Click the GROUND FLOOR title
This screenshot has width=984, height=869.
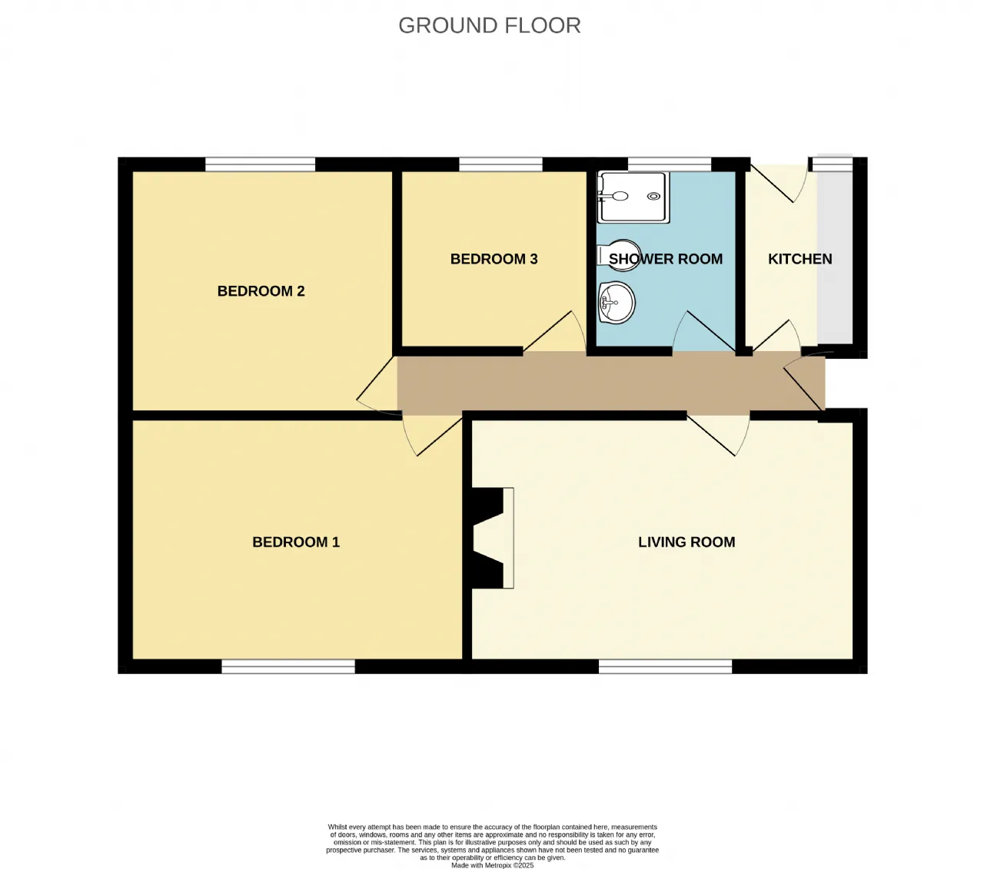pos(490,25)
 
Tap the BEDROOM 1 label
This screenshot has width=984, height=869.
pos(296,542)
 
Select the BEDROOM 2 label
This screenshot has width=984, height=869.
pos(261,290)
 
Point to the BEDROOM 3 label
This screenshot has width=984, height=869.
pos(494,259)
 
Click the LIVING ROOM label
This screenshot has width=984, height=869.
pos(686,542)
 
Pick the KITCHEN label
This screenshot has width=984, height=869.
pos(800,259)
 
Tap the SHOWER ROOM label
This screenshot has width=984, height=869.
pos(666,259)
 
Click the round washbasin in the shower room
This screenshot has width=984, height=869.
pos(617,303)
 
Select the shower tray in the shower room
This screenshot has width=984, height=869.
pos(633,197)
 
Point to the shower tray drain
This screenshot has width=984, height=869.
pos(653,196)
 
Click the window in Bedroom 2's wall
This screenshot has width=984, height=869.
pos(261,164)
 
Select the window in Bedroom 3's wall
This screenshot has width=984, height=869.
pos(500,164)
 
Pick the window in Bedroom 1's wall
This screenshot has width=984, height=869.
pos(288,666)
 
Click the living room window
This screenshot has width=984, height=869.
pos(666,666)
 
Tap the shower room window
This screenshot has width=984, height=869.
pos(670,164)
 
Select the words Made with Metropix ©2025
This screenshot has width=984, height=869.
pos(493,865)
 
